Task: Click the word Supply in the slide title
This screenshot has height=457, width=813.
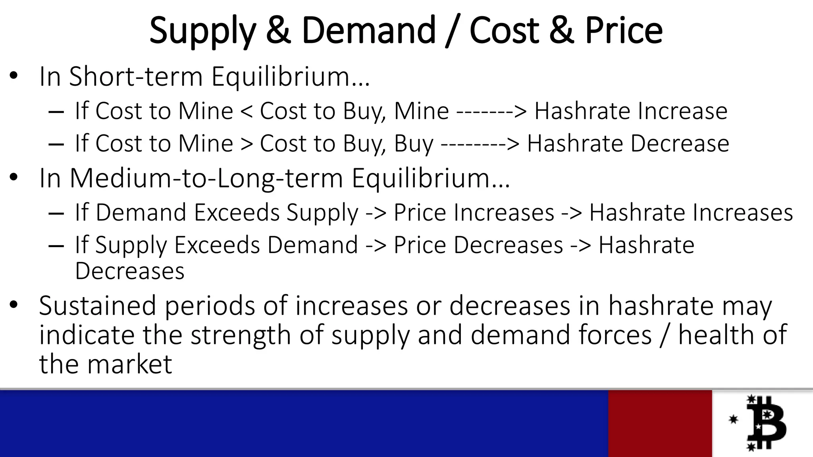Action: tap(202, 31)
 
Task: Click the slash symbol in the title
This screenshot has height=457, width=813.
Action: tap(452, 31)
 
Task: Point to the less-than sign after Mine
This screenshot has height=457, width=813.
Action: tap(246, 111)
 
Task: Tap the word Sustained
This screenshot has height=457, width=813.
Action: tap(98, 305)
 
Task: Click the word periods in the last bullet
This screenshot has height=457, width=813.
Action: tap(210, 306)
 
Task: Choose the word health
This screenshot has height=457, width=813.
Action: tap(715, 335)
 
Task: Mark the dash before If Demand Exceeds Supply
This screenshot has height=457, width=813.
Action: tap(56, 213)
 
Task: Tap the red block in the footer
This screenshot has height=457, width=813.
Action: tap(660, 423)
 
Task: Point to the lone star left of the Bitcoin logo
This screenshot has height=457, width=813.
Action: tap(733, 419)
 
